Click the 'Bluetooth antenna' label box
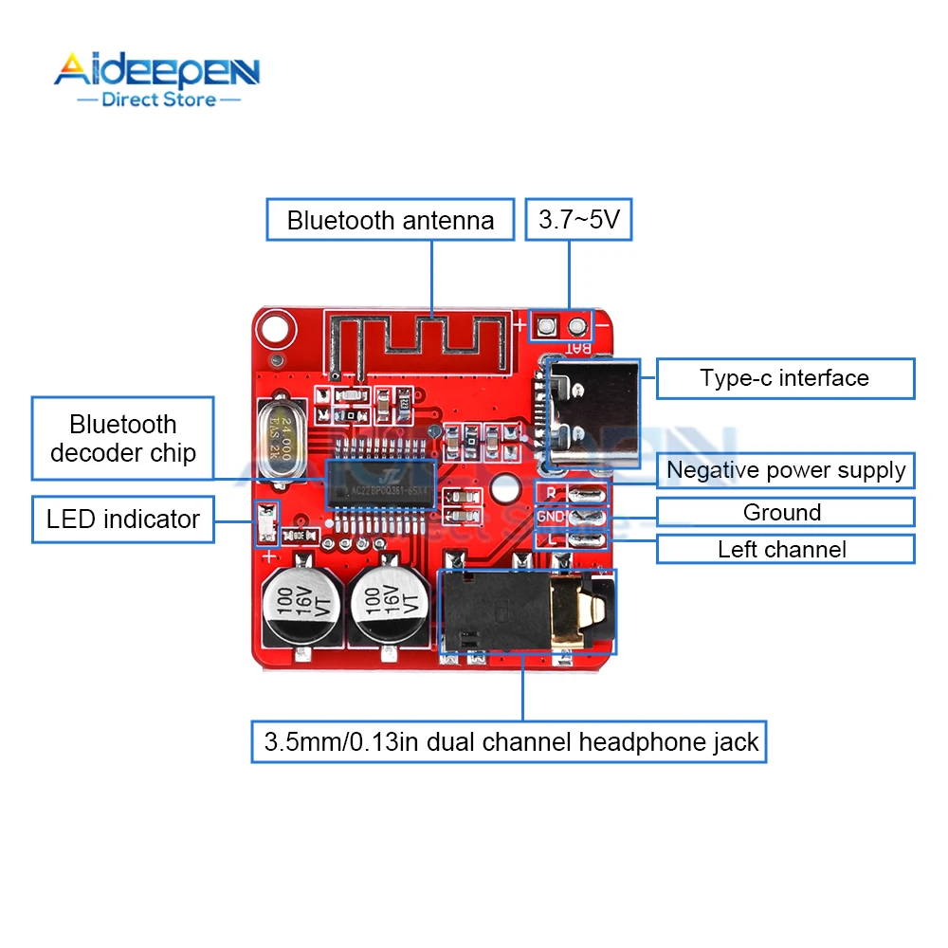391,221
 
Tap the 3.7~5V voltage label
578,221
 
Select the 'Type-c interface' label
785,378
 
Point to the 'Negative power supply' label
786,470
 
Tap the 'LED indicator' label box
123,520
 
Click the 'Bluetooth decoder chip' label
123,438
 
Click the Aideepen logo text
156,71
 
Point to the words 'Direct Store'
158,99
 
